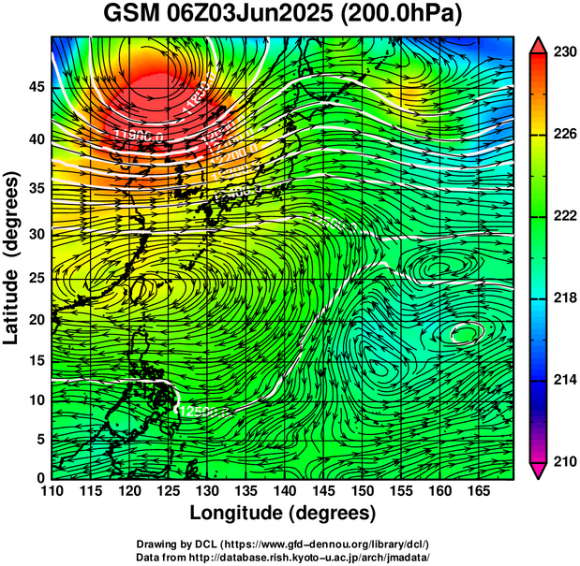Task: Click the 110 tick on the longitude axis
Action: pos(52,491)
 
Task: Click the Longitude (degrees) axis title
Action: pos(283,513)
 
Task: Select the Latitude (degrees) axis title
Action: pos(13,257)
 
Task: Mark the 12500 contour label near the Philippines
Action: pos(199,410)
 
